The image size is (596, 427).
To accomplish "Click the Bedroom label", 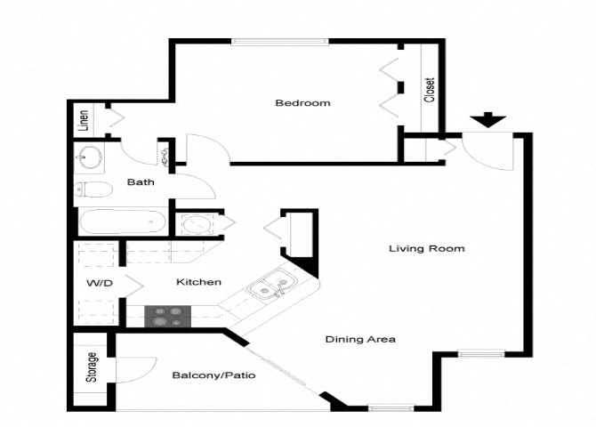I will click(x=302, y=103).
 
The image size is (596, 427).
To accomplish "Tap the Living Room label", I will click(x=427, y=248).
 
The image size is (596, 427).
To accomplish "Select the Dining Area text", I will click(x=360, y=339).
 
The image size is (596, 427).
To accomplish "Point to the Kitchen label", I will click(x=198, y=282).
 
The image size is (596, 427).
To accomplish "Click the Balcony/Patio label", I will click(x=213, y=375).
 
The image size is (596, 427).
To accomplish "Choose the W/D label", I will click(x=98, y=283).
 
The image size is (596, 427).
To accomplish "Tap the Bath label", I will click(x=140, y=182).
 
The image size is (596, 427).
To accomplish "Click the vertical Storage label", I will click(x=92, y=368).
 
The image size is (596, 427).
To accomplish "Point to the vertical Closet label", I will click(x=430, y=89).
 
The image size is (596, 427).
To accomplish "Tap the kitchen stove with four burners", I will click(x=168, y=316).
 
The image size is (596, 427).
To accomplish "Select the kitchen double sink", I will click(x=268, y=287).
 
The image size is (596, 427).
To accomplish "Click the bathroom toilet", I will click(x=92, y=189).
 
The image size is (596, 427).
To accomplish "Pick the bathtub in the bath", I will click(x=122, y=222).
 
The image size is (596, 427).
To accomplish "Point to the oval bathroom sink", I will click(x=89, y=159).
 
